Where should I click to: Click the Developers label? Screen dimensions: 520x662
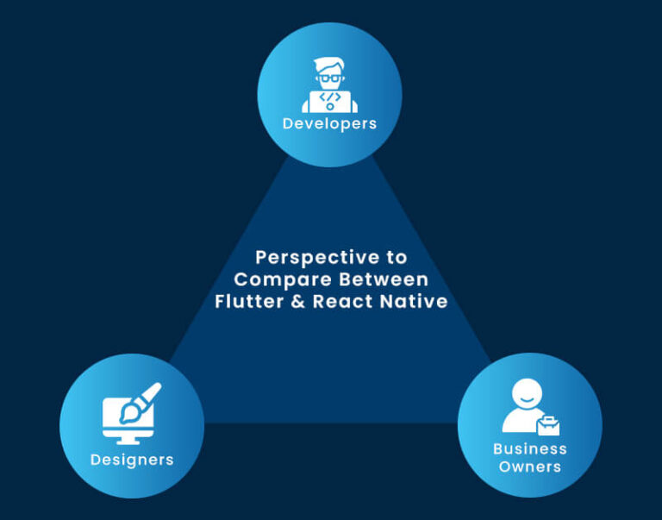(x=329, y=123)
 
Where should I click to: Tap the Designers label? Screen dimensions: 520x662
(x=132, y=459)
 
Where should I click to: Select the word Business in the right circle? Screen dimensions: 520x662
(x=529, y=448)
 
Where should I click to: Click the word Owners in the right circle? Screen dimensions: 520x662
(x=529, y=467)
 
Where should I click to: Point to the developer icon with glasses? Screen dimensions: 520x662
(x=329, y=85)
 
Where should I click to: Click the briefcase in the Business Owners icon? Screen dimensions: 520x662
(x=547, y=425)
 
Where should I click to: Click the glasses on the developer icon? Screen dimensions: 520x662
(x=329, y=78)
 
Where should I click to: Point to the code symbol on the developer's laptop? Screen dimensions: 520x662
(x=329, y=97)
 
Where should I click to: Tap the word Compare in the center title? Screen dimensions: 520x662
(x=272, y=279)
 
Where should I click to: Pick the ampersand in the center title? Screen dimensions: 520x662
(x=297, y=302)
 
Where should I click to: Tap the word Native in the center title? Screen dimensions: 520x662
(x=417, y=302)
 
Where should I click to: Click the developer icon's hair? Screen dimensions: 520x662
(x=329, y=65)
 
